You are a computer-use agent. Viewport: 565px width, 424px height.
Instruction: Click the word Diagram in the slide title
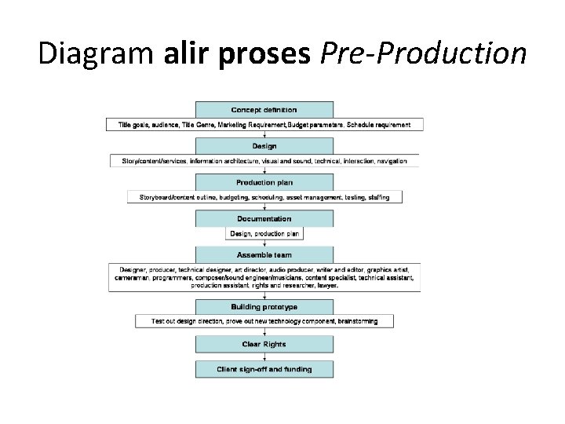(97, 53)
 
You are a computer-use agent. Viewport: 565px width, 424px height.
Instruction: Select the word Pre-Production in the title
(424, 53)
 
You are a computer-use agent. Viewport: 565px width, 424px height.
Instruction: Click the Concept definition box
(264, 109)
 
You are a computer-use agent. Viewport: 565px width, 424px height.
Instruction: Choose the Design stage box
(264, 146)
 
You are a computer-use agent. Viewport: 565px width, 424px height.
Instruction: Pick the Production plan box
(264, 182)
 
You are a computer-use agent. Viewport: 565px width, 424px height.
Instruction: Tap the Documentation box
(264, 219)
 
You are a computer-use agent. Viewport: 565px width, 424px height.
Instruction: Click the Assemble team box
(264, 255)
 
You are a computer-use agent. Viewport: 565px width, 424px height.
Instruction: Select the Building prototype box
(264, 307)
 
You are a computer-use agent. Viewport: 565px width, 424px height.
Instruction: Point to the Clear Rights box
(264, 344)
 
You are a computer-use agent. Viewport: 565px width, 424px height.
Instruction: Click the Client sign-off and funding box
(264, 369)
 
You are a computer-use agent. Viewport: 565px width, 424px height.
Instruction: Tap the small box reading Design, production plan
(264, 233)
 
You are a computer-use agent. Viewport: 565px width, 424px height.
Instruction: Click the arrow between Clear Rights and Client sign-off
(264, 356)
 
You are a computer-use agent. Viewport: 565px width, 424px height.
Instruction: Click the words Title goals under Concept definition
(136, 125)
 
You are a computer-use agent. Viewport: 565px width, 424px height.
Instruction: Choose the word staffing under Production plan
(374, 197)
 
